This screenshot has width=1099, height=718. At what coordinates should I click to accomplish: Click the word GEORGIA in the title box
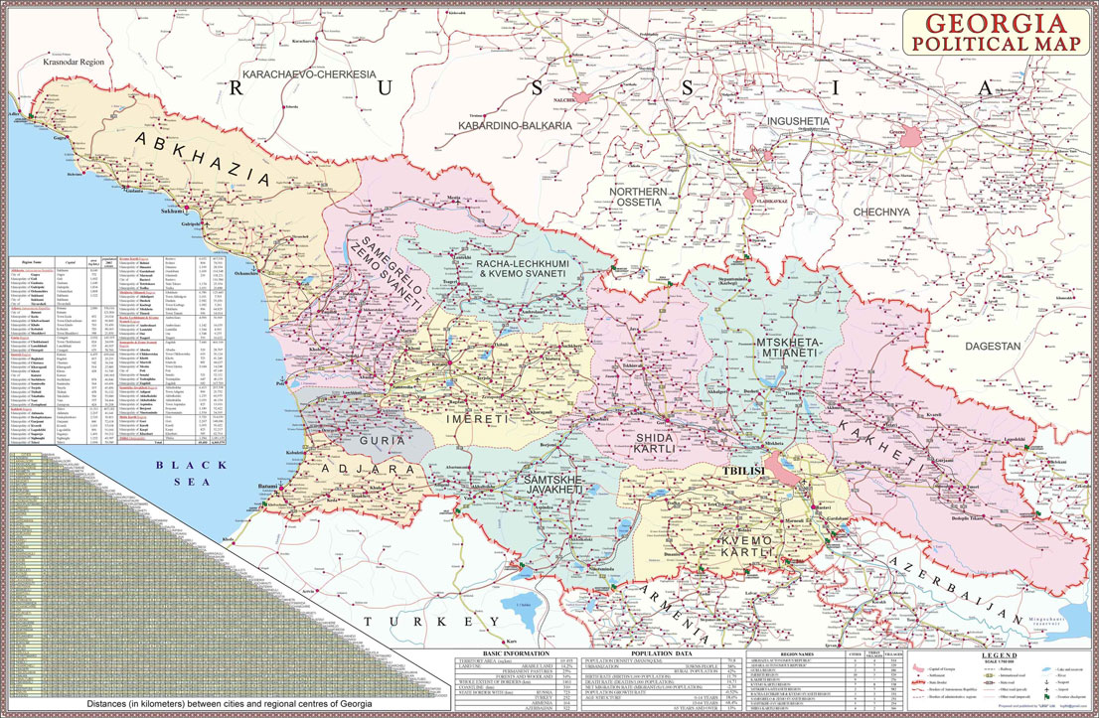(995, 23)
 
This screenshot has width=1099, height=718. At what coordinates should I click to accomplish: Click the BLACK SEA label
(196, 472)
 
